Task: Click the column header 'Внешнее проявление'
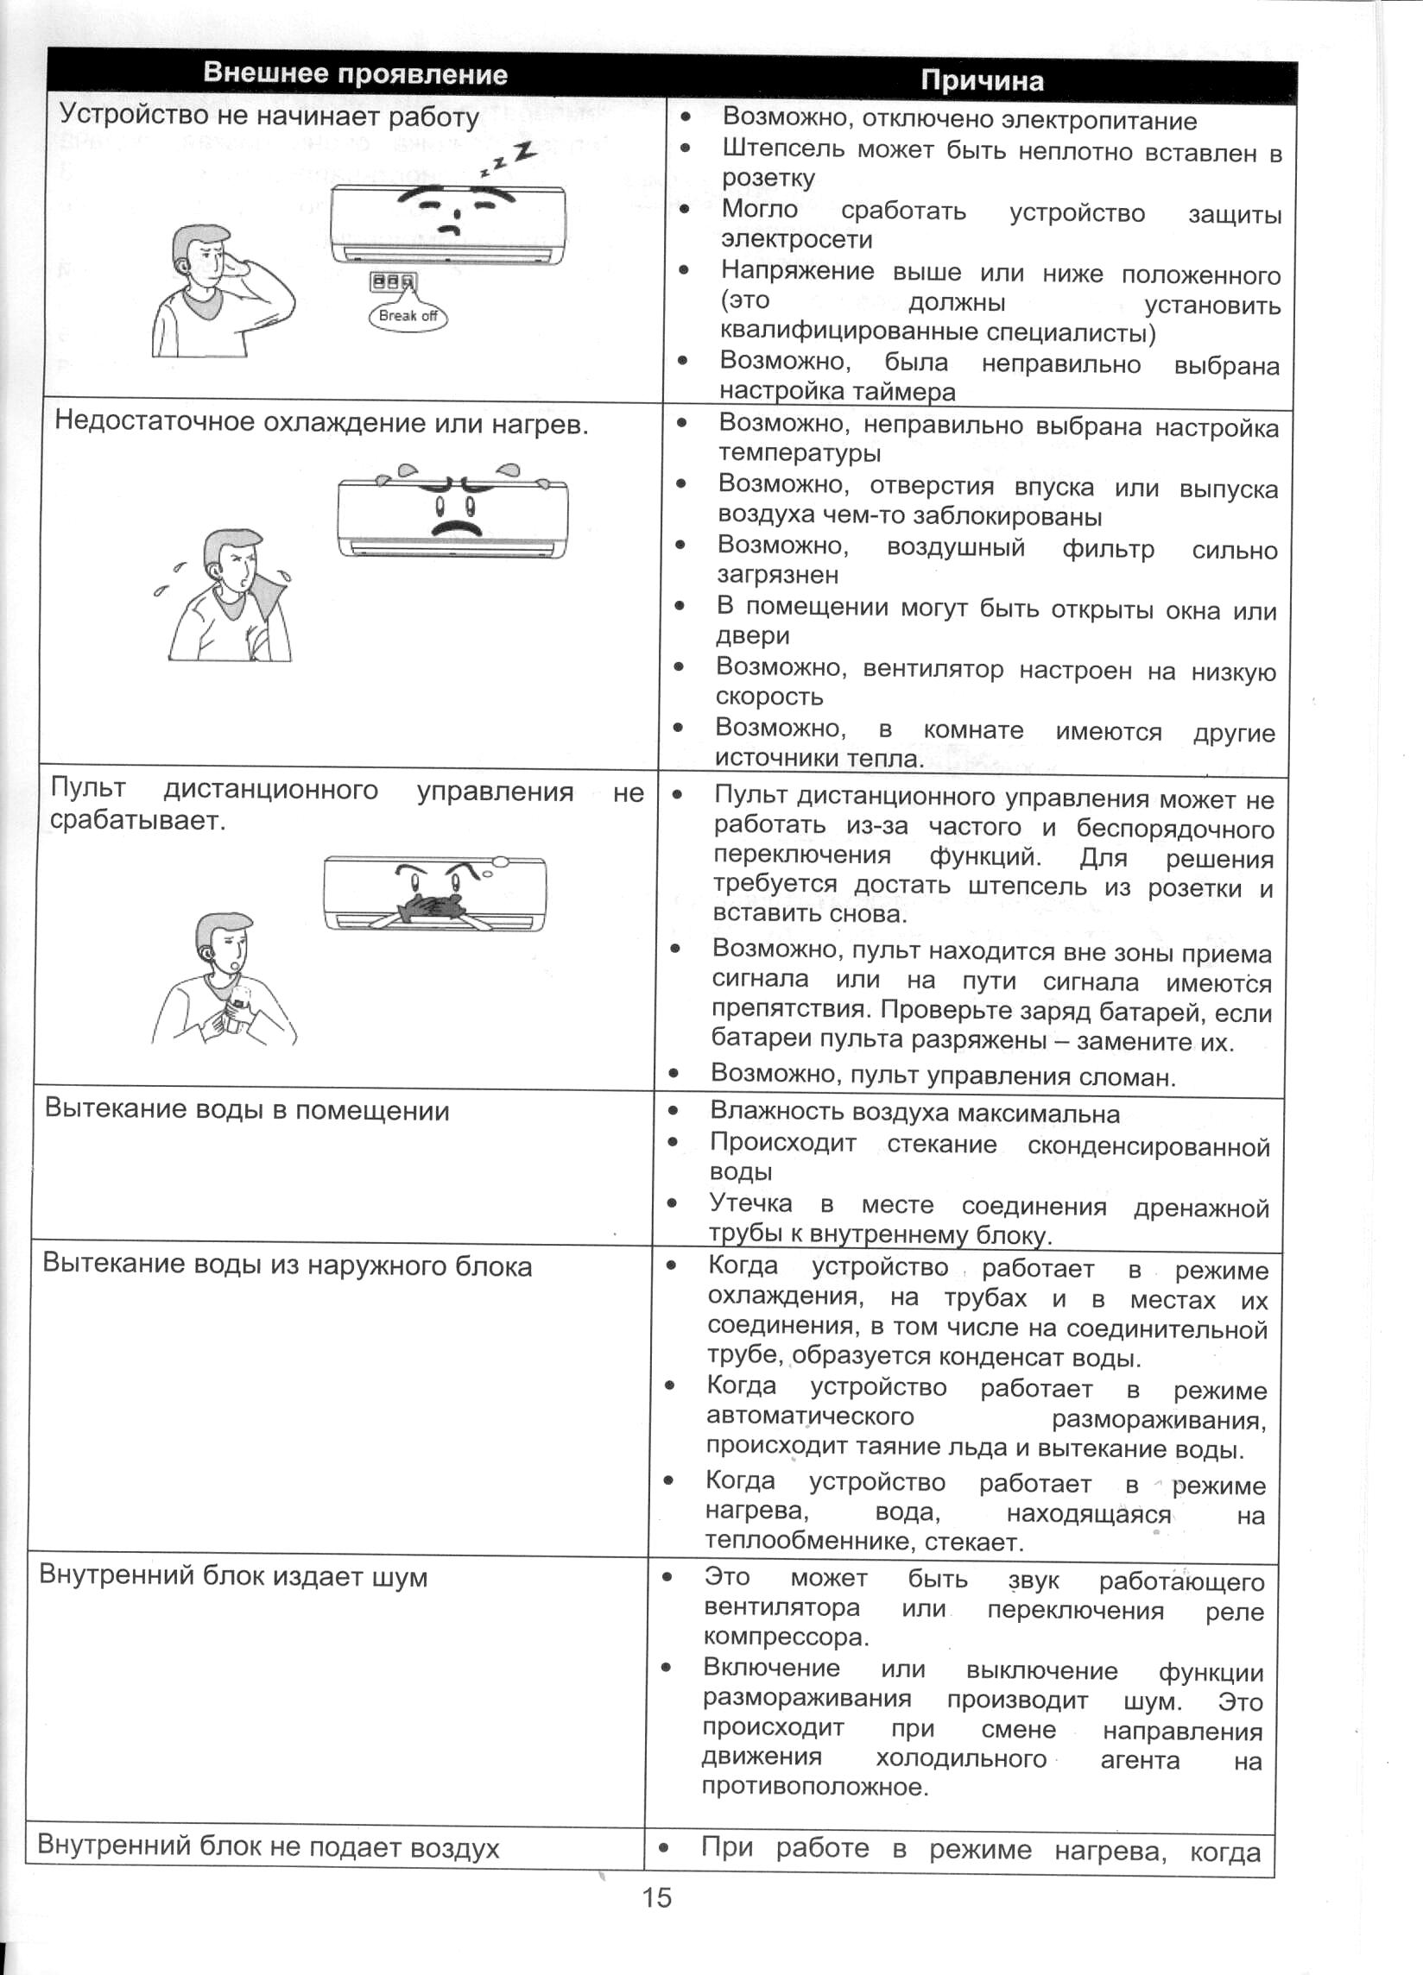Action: click(x=354, y=73)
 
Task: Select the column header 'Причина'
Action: click(x=982, y=81)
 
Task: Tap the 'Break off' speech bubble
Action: click(x=408, y=316)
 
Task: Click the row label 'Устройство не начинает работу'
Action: click(x=269, y=116)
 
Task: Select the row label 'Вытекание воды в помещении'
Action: click(x=247, y=1110)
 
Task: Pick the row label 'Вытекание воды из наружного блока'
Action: click(x=288, y=1265)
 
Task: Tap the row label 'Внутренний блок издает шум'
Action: click(x=233, y=1577)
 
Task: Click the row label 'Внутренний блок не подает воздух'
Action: click(x=269, y=1847)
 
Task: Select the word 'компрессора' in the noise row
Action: click(x=786, y=1637)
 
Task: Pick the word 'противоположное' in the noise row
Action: click(x=815, y=1787)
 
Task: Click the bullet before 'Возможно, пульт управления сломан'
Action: click(x=674, y=1074)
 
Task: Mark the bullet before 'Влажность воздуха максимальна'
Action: click(x=673, y=1111)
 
